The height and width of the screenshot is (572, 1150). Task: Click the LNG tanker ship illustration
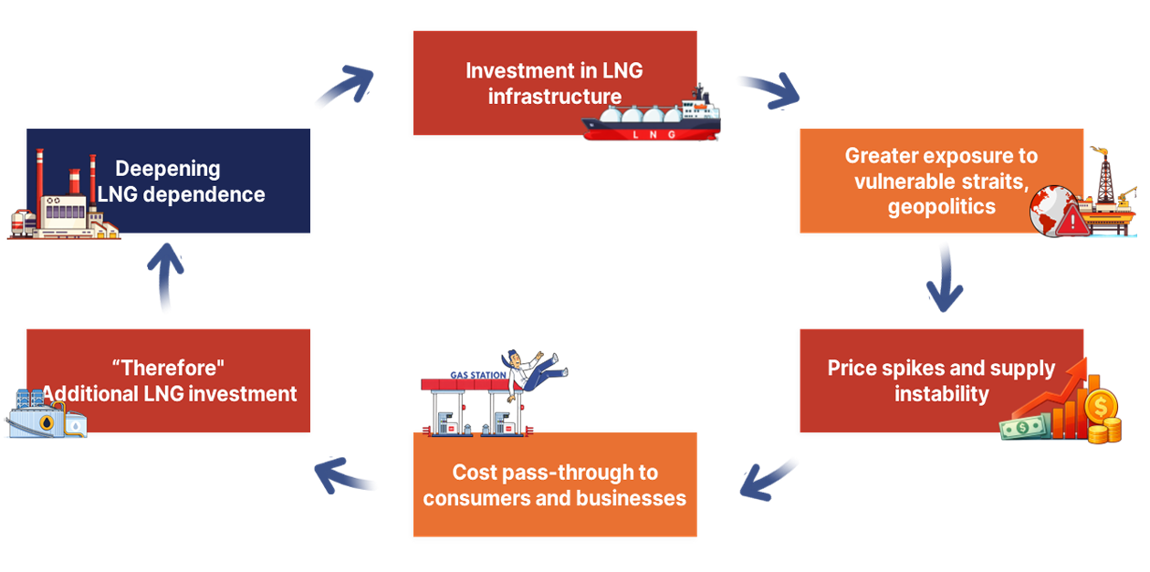click(652, 120)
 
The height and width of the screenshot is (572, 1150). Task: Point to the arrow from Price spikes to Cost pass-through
click(767, 480)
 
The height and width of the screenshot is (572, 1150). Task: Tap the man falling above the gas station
click(534, 369)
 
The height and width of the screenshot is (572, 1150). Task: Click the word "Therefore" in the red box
click(169, 368)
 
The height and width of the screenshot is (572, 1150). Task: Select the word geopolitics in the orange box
click(941, 207)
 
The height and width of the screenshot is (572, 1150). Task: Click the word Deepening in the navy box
click(168, 169)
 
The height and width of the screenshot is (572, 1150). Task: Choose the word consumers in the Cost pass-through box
click(483, 498)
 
